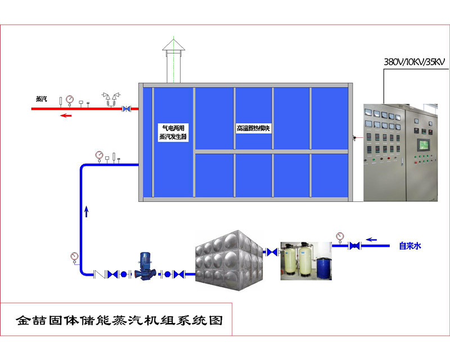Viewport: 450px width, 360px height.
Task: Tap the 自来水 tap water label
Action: coord(411,246)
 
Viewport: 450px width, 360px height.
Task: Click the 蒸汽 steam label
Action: coord(42,99)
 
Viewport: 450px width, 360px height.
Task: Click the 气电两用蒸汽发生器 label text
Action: coord(173,132)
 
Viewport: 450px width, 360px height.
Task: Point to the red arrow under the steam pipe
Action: coord(66,116)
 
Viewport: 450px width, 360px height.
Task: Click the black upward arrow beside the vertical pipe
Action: coord(86,211)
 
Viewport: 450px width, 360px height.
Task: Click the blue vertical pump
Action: coord(145,267)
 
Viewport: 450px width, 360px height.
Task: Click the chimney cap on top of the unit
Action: coord(173,46)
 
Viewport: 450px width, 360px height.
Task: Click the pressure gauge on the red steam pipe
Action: coord(70,100)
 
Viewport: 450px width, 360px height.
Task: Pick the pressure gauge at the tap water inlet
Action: coord(339,236)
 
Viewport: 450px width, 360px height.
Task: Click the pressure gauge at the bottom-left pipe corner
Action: coord(75,256)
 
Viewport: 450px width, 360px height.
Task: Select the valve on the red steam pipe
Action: coord(127,108)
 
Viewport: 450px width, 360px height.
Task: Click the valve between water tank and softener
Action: coord(271,252)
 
